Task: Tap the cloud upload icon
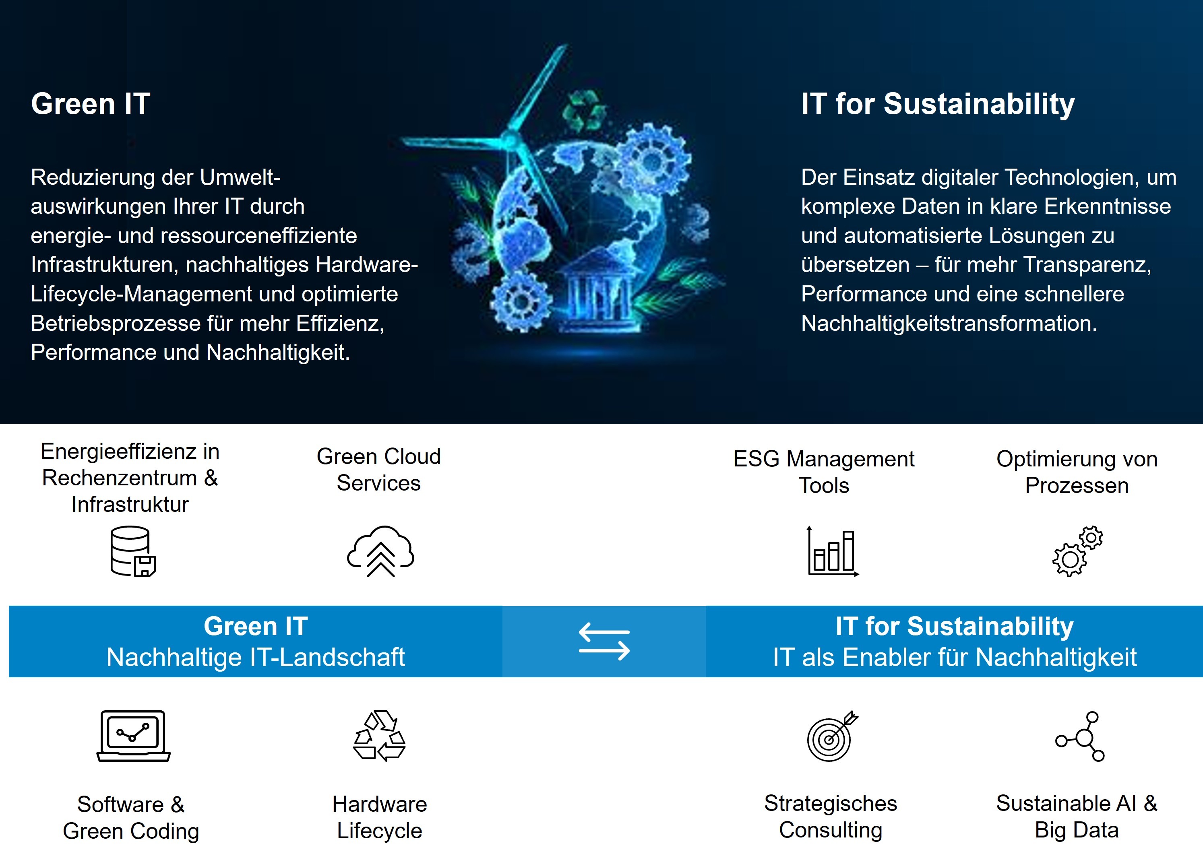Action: [380, 551]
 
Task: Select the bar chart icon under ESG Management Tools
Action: [832, 551]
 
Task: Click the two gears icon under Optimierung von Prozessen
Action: [1077, 551]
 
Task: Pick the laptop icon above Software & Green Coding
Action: [133, 735]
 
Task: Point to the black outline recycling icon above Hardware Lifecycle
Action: [380, 735]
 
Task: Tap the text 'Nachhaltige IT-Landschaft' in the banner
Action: [255, 657]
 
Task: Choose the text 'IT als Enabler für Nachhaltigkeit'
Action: [954, 657]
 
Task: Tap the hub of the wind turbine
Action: [511, 140]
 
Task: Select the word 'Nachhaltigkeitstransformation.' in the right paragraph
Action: [949, 323]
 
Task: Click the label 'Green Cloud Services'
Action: [378, 470]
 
